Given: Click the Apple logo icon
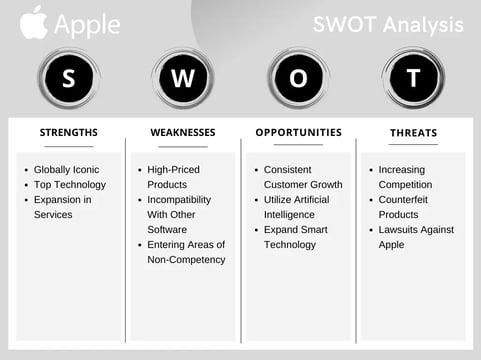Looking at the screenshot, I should pyautogui.click(x=33, y=22).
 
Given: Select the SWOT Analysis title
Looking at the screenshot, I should pyautogui.click(x=387, y=23).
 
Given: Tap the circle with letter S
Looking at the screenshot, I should pyautogui.click(x=68, y=79).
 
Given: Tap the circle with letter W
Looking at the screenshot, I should pyautogui.click(x=183, y=79).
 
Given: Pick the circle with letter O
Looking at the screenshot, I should pyautogui.click(x=298, y=79).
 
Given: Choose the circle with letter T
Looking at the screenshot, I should pyautogui.click(x=413, y=79).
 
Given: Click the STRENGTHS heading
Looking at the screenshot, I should pyautogui.click(x=68, y=132).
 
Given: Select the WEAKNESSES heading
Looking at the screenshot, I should pyautogui.click(x=183, y=132).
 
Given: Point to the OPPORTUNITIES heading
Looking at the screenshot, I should pyautogui.click(x=298, y=132).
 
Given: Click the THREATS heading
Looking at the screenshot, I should pyautogui.click(x=413, y=132).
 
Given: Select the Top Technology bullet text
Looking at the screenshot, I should pyautogui.click(x=69, y=185).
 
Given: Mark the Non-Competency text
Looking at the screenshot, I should pyautogui.click(x=186, y=260).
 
